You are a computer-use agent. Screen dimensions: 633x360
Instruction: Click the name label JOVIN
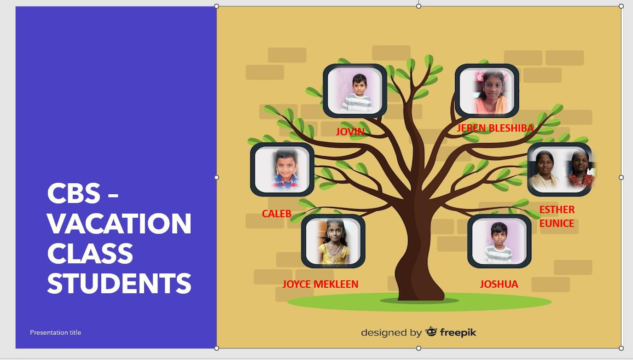[x=350, y=132]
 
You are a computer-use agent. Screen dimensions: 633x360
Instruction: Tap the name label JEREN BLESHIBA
[x=495, y=128]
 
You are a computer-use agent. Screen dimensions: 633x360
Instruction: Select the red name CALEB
[x=276, y=214]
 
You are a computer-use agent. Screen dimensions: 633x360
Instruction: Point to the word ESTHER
[x=557, y=209]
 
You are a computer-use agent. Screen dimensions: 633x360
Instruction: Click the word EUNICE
[x=557, y=224]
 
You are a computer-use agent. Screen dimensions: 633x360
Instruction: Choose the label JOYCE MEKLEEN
[x=320, y=284]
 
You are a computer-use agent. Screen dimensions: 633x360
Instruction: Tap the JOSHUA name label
[x=499, y=284]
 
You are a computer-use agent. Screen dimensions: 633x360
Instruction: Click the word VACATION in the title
[x=119, y=223]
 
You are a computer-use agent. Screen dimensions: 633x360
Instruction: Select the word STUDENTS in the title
[x=119, y=283]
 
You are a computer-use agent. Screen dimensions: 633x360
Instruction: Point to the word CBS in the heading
[x=74, y=193]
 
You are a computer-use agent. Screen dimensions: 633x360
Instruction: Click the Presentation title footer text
[x=55, y=332]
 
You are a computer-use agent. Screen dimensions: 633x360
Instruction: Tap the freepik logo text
[x=458, y=332]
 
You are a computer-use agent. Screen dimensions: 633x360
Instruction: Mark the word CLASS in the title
[x=90, y=253]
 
